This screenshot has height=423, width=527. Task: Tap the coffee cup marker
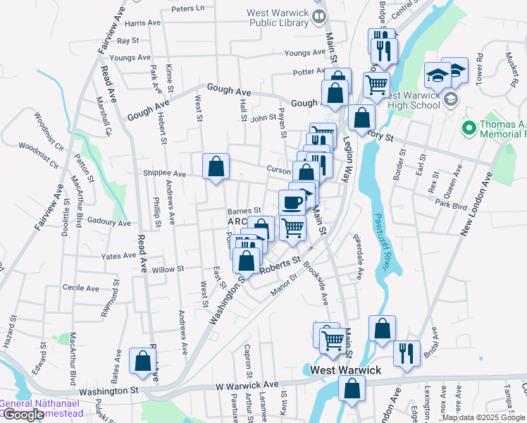pos(292,203)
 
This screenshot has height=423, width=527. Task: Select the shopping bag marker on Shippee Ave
pos(216,167)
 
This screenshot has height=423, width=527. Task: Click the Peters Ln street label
pos(187,8)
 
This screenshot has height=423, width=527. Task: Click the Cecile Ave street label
pos(81,288)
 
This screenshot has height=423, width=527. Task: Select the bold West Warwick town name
pos(345,370)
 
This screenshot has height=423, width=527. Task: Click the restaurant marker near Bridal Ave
pos(407,352)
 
